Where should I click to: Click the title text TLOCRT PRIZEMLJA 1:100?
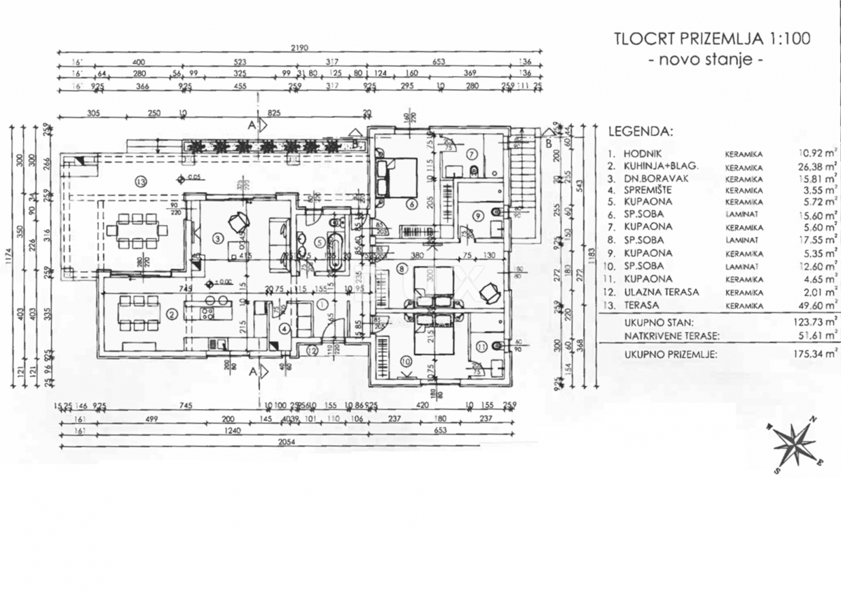point(712,39)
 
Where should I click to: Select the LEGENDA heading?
point(640,131)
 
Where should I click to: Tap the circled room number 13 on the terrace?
point(142,181)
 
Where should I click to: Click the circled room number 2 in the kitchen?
point(172,314)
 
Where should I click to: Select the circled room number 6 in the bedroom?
point(411,204)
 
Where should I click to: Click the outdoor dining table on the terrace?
point(137,229)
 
